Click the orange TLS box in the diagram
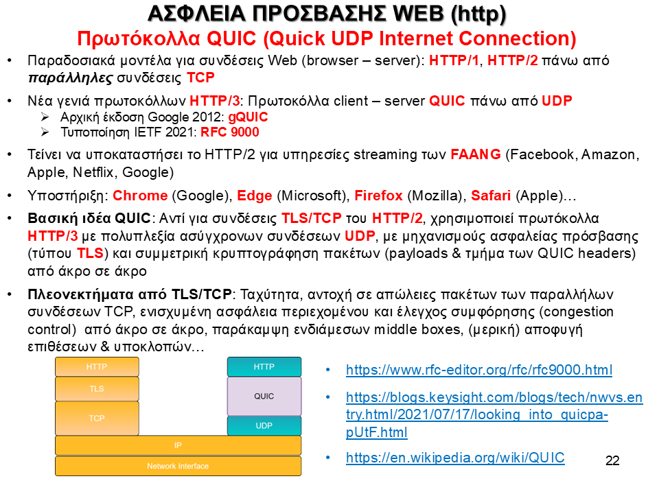[97, 388]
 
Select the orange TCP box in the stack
[97, 418]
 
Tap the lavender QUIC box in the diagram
[264, 396]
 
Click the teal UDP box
[264, 425]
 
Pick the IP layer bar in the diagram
[178, 445]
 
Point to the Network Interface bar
[178, 466]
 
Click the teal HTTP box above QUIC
[264, 366]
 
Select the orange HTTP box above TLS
[97, 366]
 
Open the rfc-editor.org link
[479, 370]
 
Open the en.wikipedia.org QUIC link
[455, 458]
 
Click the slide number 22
[612, 461]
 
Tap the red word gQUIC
[248, 117]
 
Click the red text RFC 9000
[230, 132]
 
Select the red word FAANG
[475, 154]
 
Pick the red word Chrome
[140, 196]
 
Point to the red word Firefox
[378, 196]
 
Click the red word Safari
[490, 196]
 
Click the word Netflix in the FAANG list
[93, 172]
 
